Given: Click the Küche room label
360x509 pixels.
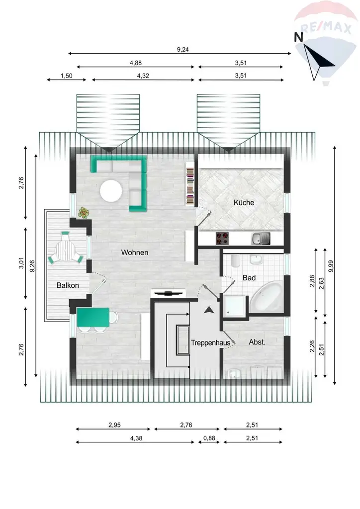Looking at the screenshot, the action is point(244,203).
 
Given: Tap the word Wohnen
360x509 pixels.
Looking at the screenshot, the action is point(135,253).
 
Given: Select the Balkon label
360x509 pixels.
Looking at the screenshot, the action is point(68,285).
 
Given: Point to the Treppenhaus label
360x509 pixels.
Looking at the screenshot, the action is point(211,343).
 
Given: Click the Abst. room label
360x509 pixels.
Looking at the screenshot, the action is point(257,342).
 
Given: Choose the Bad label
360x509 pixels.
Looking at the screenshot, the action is point(249,278).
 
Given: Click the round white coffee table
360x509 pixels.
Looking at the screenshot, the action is point(111,191).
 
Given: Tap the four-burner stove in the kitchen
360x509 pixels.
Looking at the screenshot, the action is point(222,239).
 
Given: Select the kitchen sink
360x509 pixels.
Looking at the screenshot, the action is point(261,239).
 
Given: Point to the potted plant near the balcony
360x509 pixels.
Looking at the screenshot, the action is point(84,213).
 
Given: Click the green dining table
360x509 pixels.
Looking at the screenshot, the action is point(93,317).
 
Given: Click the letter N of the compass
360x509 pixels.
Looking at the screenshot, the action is point(298,37).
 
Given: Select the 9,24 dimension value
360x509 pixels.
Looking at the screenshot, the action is point(183,49).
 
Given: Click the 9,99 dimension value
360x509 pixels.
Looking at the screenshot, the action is point(331,266).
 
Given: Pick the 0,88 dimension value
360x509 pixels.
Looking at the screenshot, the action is point(209,438).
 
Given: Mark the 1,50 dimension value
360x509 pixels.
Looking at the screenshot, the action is point(67,76).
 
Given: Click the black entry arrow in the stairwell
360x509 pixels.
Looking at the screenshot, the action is point(208,310).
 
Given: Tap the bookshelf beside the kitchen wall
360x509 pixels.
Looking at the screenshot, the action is point(190,183).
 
